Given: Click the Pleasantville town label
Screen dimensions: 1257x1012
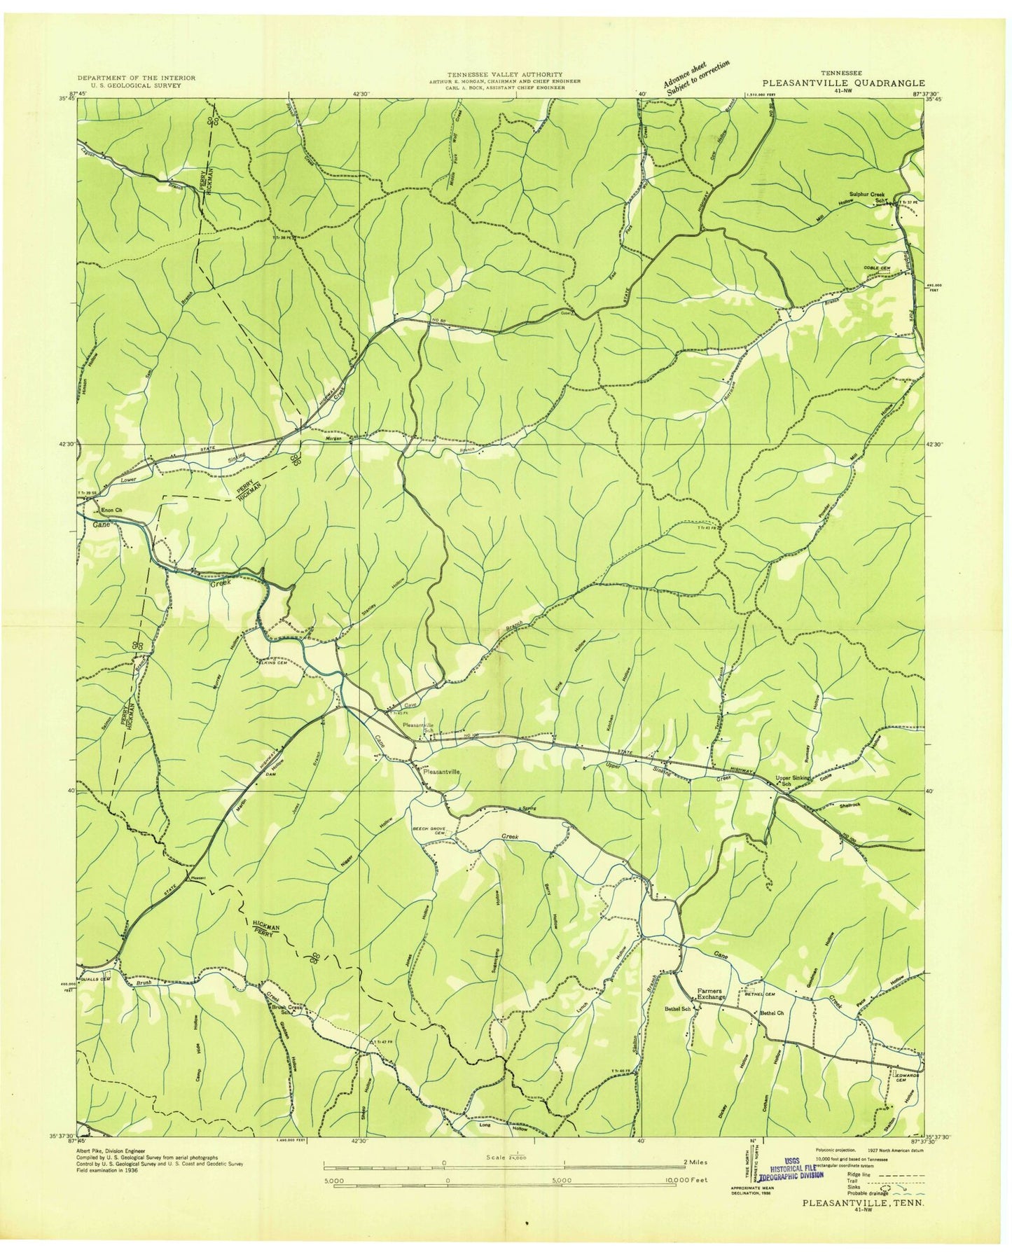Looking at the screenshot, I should (x=438, y=770).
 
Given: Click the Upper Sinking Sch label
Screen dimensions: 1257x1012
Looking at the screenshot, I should (x=793, y=781).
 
